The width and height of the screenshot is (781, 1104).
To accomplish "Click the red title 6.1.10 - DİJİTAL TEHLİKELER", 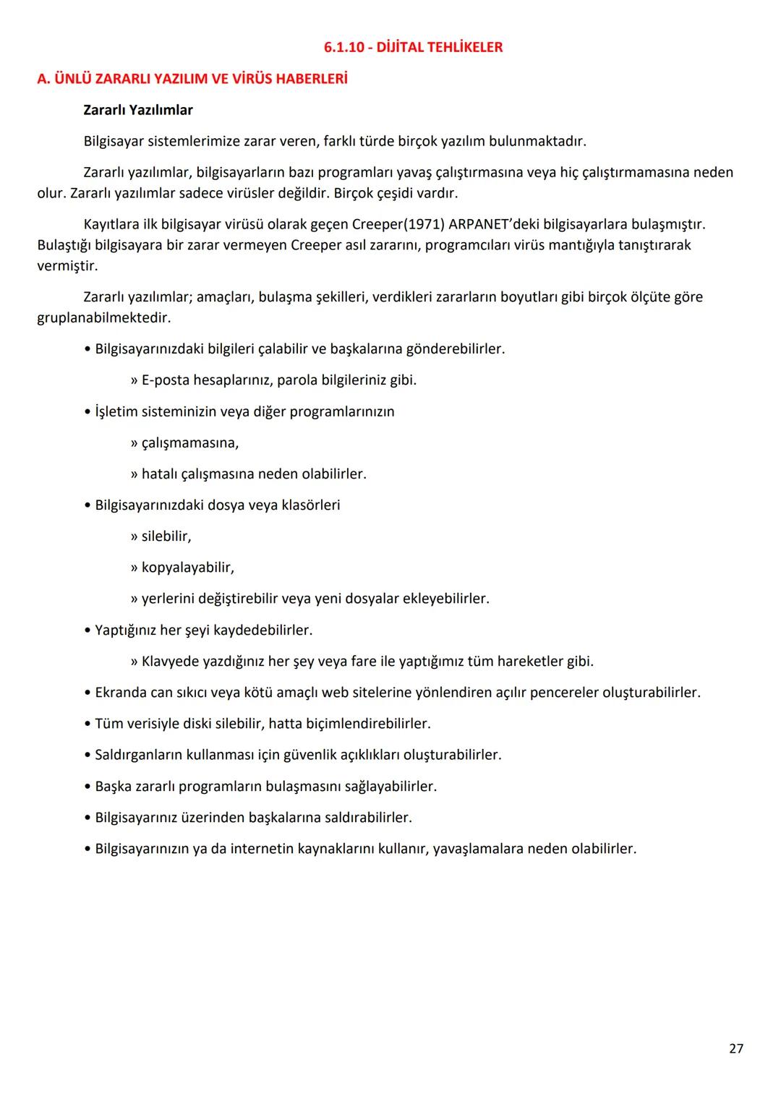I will click(x=413, y=47).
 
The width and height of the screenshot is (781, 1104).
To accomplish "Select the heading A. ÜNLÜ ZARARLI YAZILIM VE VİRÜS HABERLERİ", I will click(x=192, y=79).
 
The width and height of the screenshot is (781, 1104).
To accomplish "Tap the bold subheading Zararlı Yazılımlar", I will click(x=138, y=110).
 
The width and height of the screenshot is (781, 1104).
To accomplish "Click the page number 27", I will click(x=735, y=1048).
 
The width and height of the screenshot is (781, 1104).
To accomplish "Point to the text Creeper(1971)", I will click(x=398, y=224).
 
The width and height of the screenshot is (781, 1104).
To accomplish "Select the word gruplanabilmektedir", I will click(x=103, y=317).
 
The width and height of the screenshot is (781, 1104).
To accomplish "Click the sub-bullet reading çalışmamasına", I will click(x=189, y=442).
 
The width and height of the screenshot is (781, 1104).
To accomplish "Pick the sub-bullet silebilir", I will click(x=166, y=536).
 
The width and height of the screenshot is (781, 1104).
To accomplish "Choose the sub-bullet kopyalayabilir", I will click(x=187, y=568).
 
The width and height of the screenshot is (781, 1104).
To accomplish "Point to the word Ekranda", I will click(x=121, y=693).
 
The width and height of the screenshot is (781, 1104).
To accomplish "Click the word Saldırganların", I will click(x=139, y=755).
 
